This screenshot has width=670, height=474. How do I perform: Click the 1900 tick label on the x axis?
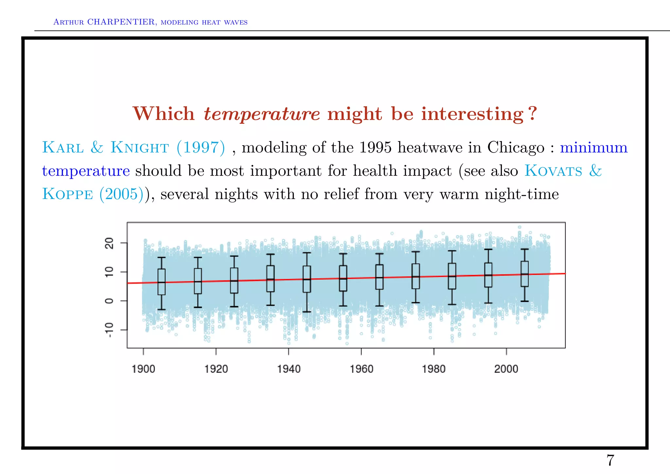[143, 369]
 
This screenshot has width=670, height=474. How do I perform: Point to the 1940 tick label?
[289, 369]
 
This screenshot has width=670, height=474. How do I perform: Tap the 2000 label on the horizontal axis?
[506, 369]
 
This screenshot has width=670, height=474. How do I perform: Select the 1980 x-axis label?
[433, 369]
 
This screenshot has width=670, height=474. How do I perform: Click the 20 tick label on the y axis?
[109, 243]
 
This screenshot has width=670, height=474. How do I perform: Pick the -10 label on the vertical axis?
[109, 330]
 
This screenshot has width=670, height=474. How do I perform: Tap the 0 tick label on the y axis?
[109, 301]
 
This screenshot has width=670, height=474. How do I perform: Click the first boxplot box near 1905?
[161, 282]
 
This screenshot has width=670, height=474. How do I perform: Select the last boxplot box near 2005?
[524, 274]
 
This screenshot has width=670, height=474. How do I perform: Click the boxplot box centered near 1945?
[307, 279]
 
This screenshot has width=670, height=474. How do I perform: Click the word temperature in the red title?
[261, 114]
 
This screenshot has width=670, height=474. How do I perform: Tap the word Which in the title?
[164, 114]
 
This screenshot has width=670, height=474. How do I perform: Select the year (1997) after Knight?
[201, 147]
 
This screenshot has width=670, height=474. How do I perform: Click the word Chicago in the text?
[516, 147]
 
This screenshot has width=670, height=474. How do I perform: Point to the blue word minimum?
[593, 147]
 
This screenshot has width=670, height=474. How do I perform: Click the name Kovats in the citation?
[553, 171]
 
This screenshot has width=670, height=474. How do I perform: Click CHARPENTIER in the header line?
[121, 22]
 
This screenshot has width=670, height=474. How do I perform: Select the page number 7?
[610, 460]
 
